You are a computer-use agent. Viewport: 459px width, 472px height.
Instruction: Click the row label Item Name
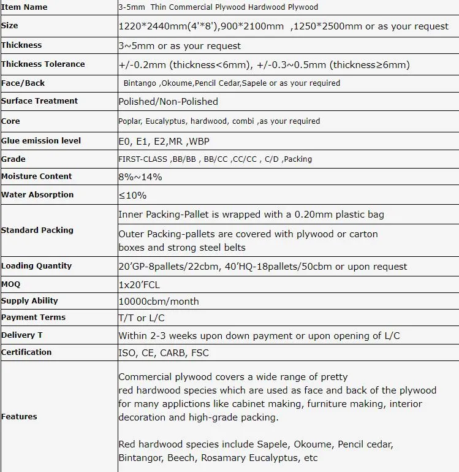[x=24, y=7]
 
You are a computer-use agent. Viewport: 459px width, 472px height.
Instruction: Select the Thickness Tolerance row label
[x=43, y=64]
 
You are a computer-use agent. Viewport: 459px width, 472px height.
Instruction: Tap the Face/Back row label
[x=23, y=83]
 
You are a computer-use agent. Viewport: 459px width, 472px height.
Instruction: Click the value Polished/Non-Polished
[x=168, y=101]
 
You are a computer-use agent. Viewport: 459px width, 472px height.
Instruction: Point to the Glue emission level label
[x=41, y=140]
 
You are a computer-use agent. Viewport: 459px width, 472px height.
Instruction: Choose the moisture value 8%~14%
[x=140, y=177]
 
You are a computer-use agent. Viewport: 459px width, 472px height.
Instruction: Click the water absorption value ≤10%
[x=132, y=195]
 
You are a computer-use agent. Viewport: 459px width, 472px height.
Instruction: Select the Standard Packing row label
[x=37, y=230]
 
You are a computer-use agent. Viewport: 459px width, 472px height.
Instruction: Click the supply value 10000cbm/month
[x=158, y=301]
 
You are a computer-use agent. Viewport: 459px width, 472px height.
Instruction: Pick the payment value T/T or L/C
[x=141, y=318]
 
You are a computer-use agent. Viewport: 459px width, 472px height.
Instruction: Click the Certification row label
[x=26, y=352]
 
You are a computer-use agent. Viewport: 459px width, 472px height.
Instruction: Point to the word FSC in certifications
[x=200, y=352]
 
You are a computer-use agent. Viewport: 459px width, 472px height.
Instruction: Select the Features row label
[x=19, y=417]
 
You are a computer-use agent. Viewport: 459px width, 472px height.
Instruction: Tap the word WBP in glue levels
[x=199, y=141]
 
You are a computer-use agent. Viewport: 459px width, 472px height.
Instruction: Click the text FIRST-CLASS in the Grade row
[x=143, y=159]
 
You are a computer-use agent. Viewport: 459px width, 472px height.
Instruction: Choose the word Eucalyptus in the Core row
[x=165, y=121]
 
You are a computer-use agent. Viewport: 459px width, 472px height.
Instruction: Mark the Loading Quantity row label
[x=37, y=266]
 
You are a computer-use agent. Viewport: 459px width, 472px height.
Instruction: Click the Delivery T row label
[x=22, y=335]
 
